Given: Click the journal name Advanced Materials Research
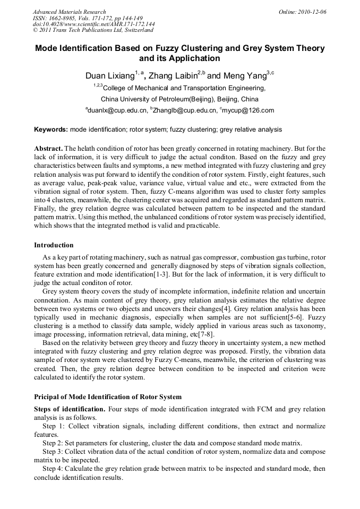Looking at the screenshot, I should [69, 12].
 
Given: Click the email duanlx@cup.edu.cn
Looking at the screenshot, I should [117, 110].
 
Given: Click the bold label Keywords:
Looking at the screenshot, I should [51, 130].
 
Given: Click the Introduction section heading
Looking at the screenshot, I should [54, 245].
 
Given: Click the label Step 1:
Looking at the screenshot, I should [53, 426].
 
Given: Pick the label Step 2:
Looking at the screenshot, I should [53, 443].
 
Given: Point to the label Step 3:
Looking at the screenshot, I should [53, 451].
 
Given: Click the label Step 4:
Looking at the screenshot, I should [53, 469].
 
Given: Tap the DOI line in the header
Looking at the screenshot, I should [93, 24].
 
